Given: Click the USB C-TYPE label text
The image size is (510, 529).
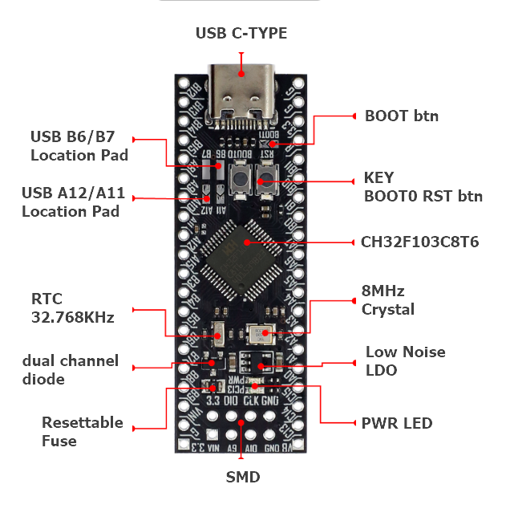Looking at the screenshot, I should [x=241, y=33].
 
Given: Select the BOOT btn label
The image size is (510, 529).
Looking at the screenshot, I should [x=402, y=116].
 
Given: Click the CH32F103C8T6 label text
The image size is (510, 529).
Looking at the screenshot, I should [x=420, y=241].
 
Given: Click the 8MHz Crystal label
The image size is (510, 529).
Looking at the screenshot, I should [x=388, y=299].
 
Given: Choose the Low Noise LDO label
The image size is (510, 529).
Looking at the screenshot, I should [x=405, y=361].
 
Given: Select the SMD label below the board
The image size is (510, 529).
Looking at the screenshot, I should [x=243, y=477].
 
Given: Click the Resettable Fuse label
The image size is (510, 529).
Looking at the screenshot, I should [x=82, y=431].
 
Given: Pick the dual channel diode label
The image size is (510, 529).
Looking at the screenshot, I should [x=71, y=369].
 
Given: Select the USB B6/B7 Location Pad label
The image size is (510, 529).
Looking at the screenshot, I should [x=79, y=144].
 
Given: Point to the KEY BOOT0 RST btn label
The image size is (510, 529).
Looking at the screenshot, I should [x=423, y=186].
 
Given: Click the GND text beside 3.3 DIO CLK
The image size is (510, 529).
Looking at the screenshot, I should [x=269, y=400].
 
